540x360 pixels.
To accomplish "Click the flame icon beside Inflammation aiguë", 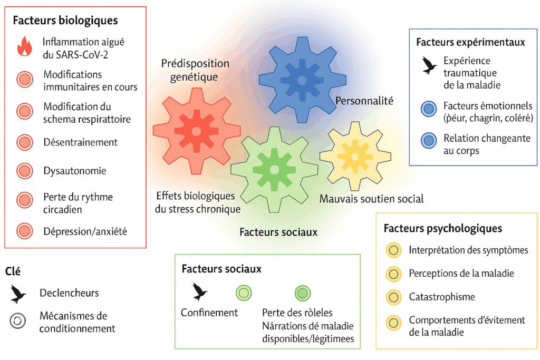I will [24, 46].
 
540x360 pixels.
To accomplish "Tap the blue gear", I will [302, 80].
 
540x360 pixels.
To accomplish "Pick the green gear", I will [274, 169].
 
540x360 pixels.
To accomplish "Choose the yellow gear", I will [354, 155].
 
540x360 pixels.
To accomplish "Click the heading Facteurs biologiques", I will [65, 21].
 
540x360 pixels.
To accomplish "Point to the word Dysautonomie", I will [75, 171].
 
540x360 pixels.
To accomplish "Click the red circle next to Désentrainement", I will [24, 142].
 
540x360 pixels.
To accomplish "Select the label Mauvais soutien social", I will [371, 199].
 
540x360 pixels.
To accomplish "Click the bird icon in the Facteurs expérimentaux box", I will [428, 65].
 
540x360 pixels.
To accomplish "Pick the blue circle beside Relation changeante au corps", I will [428, 140].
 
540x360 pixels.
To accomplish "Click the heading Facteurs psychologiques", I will [442, 229].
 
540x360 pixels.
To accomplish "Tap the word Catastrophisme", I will [441, 297].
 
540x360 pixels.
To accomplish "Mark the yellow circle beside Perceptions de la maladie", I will [393, 274].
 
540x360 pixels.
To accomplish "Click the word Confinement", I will [209, 313].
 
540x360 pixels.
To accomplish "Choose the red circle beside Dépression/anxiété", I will [24, 231].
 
